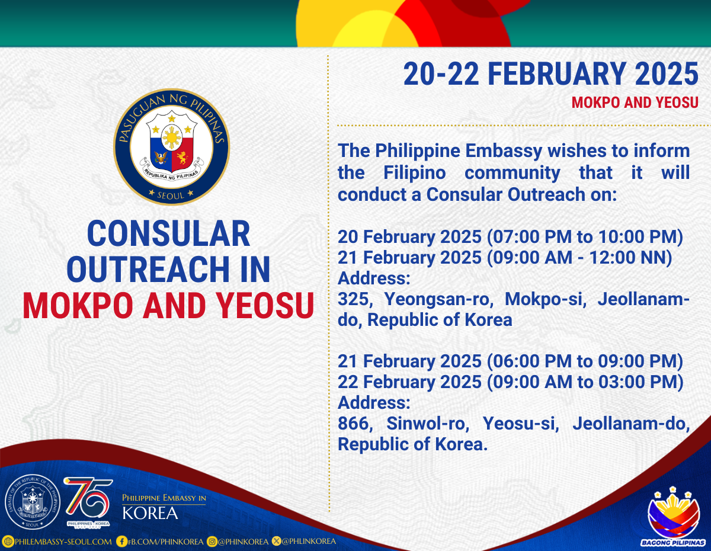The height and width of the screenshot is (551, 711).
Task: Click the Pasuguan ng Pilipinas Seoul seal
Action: (x=171, y=147)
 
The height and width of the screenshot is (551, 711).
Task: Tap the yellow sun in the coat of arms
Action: (x=172, y=137)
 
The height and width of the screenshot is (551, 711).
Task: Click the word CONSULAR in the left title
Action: (x=168, y=233)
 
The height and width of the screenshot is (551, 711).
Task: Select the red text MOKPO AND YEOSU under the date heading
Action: (x=635, y=102)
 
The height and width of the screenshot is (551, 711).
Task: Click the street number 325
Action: (x=355, y=299)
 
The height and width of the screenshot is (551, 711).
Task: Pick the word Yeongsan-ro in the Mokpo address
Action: (x=438, y=300)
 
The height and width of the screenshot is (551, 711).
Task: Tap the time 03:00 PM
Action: (x=638, y=382)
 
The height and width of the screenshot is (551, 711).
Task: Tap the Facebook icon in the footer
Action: (x=121, y=542)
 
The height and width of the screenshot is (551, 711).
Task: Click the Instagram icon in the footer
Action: (x=212, y=542)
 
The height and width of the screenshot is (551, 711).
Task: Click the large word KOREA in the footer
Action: (x=150, y=512)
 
